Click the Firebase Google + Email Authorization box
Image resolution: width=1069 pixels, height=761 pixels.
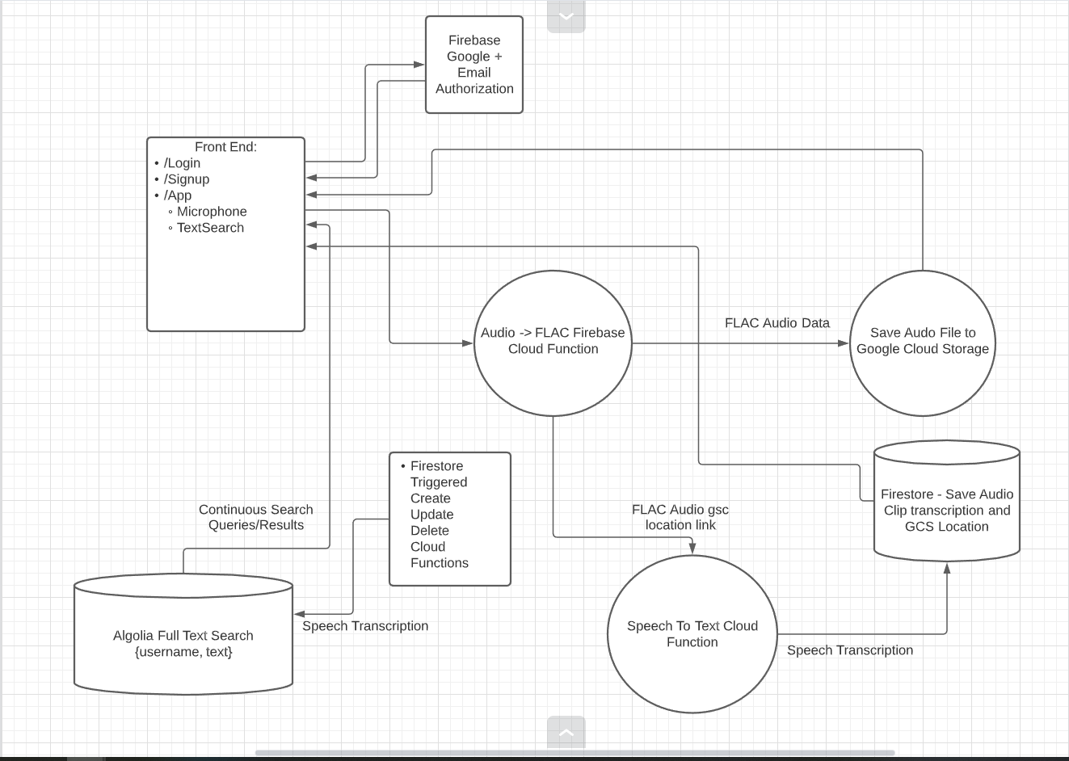[x=473, y=65]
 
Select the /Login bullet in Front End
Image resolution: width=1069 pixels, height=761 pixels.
[x=177, y=163]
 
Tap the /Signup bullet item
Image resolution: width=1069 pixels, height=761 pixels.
[x=182, y=179]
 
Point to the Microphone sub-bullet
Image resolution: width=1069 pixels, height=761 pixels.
[x=208, y=212]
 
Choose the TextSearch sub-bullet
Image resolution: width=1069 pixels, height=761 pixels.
[x=206, y=228]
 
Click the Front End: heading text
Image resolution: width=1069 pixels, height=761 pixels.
[x=225, y=147]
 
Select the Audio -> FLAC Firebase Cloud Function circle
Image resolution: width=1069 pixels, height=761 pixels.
[x=553, y=343]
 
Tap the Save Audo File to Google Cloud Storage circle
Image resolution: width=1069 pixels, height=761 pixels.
[x=923, y=343]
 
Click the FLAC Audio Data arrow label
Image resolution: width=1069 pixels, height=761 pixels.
[x=777, y=323]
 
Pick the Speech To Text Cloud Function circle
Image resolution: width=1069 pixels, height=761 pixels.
[x=692, y=633]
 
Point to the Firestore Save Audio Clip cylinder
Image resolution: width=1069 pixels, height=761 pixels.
[x=947, y=501]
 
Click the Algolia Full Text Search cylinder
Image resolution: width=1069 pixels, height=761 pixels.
[x=183, y=633]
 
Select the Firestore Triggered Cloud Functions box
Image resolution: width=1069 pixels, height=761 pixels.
[x=450, y=519]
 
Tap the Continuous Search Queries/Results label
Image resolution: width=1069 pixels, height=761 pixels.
[x=256, y=517]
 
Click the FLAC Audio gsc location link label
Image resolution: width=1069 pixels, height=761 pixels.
[x=680, y=517]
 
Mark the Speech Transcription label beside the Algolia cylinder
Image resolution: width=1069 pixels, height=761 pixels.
[x=365, y=626]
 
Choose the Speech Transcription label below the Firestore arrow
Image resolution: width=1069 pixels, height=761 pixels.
[x=849, y=650]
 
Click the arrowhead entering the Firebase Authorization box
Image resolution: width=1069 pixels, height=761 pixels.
[x=419, y=65]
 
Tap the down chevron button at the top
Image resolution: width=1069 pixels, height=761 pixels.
[x=566, y=16]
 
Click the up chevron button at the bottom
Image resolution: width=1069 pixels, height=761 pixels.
[x=566, y=732]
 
